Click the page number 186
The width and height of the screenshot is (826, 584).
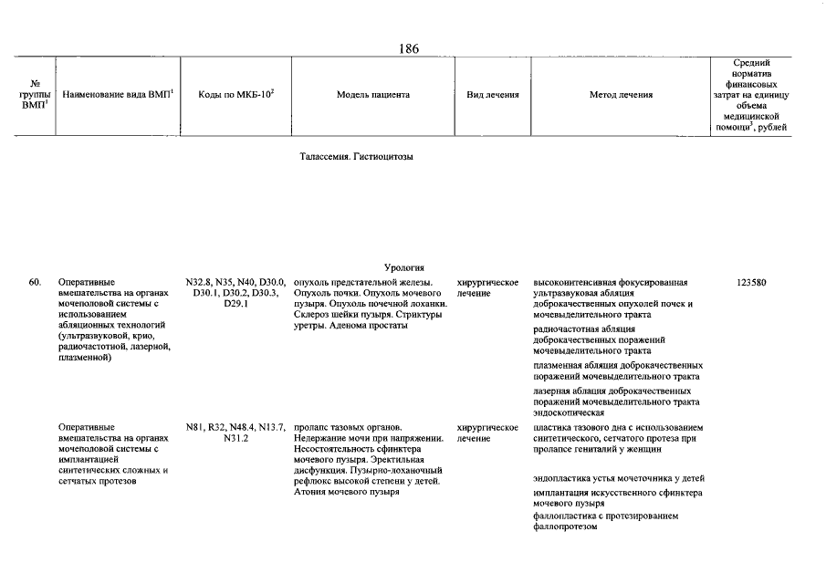(x=409, y=48)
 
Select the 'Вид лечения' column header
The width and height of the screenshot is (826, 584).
(x=493, y=95)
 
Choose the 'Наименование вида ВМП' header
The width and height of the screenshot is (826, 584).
(x=118, y=95)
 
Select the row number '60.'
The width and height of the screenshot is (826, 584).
(x=36, y=282)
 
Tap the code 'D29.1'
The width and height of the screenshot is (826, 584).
(x=235, y=304)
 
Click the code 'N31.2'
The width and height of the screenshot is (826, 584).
(x=235, y=438)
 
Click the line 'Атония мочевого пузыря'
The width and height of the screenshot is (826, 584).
(x=348, y=493)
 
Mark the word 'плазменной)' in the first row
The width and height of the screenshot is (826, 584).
(x=83, y=358)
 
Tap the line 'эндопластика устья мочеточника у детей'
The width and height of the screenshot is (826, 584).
(x=619, y=478)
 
